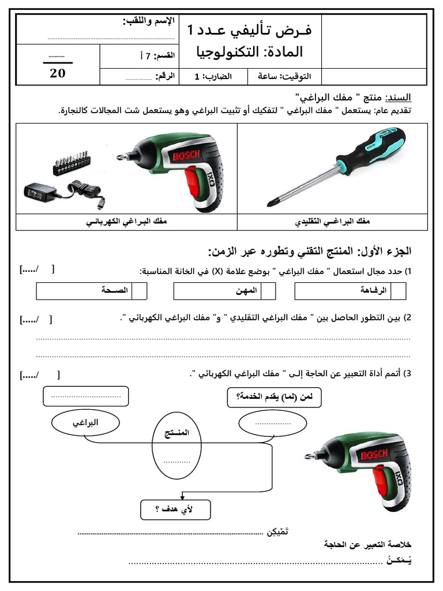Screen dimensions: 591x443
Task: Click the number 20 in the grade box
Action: click(58, 73)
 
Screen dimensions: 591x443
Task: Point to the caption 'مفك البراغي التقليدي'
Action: click(332, 222)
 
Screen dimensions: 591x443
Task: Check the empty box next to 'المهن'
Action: click(268, 291)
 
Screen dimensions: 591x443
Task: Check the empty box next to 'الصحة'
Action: click(139, 291)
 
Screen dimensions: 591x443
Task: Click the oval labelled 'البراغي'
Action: click(85, 423)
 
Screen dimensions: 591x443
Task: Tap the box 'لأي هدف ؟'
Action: click(175, 509)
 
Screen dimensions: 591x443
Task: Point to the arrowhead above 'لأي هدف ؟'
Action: click(182, 496)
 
